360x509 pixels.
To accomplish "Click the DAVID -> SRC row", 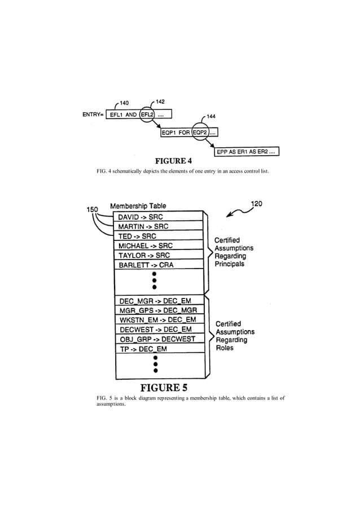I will click(159, 217).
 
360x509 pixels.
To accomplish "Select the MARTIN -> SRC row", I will click(159, 226).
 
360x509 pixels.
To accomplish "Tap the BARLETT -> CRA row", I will click(159, 264).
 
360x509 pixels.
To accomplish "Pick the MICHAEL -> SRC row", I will click(159, 245).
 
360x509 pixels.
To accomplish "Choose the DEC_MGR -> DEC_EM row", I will click(159, 300).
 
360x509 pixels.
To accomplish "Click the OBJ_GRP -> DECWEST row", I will click(159, 339).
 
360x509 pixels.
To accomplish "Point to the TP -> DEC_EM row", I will click(159, 348).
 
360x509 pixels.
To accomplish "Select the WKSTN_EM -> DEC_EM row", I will click(159, 319).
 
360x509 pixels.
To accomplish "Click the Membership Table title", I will click(138, 206).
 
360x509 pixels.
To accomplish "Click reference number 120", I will click(257, 204).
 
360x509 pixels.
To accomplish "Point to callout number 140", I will click(124, 103).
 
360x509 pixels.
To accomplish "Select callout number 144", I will click(213, 117).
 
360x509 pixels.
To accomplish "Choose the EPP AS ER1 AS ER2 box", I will click(246, 151).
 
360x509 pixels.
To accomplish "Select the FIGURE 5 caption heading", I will click(164, 388).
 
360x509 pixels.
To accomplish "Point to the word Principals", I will click(229, 264).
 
